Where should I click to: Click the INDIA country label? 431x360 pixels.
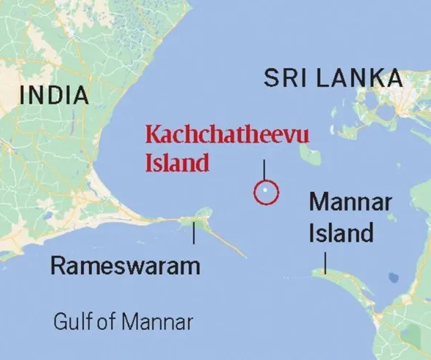(55, 94)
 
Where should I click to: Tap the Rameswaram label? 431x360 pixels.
(125, 266)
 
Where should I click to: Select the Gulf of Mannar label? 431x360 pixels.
(123, 321)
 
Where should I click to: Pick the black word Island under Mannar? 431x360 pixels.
(341, 234)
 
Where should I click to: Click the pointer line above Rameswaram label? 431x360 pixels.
(194, 234)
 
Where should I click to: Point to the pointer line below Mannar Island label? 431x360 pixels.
(324, 262)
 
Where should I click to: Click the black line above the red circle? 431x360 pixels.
(264, 169)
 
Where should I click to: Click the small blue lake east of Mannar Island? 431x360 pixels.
(394, 278)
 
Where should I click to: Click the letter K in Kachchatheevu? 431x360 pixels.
(152, 135)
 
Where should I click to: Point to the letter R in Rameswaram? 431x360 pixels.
(58, 266)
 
